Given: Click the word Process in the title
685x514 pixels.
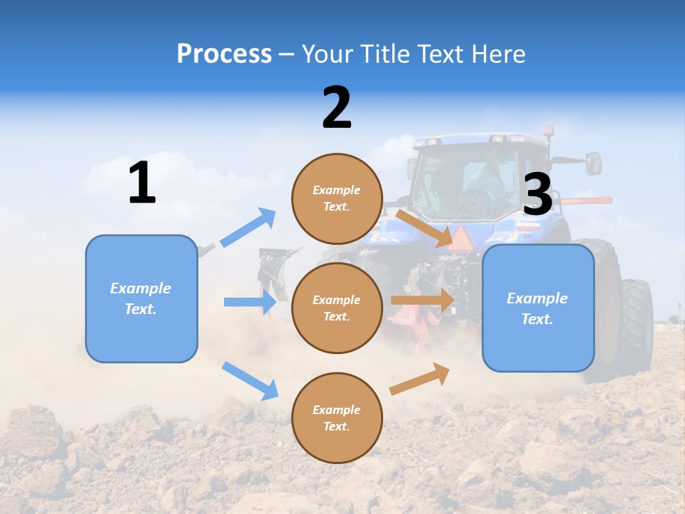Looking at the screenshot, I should tap(224, 54).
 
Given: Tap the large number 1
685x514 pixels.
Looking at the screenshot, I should tap(142, 183).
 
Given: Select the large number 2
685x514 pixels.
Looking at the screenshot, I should tap(337, 108).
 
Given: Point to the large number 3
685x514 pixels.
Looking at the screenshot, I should tap(537, 195).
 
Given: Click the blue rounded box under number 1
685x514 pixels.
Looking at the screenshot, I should tap(141, 298).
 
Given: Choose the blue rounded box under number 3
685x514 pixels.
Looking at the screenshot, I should tap(538, 308).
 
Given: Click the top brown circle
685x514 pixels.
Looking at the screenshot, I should tap(337, 198).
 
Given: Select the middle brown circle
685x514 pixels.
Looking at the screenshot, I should tap(337, 308).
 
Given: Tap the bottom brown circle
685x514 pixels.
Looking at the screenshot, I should tap(337, 418).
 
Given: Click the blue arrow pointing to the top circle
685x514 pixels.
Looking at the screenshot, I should tap(248, 228).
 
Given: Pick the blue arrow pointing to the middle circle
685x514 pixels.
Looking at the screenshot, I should tap(250, 302).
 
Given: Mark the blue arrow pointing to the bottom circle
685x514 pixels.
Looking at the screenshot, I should tap(250, 381).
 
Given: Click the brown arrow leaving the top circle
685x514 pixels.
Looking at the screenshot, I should tap(424, 228).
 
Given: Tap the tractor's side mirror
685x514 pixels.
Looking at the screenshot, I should tap(593, 163).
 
